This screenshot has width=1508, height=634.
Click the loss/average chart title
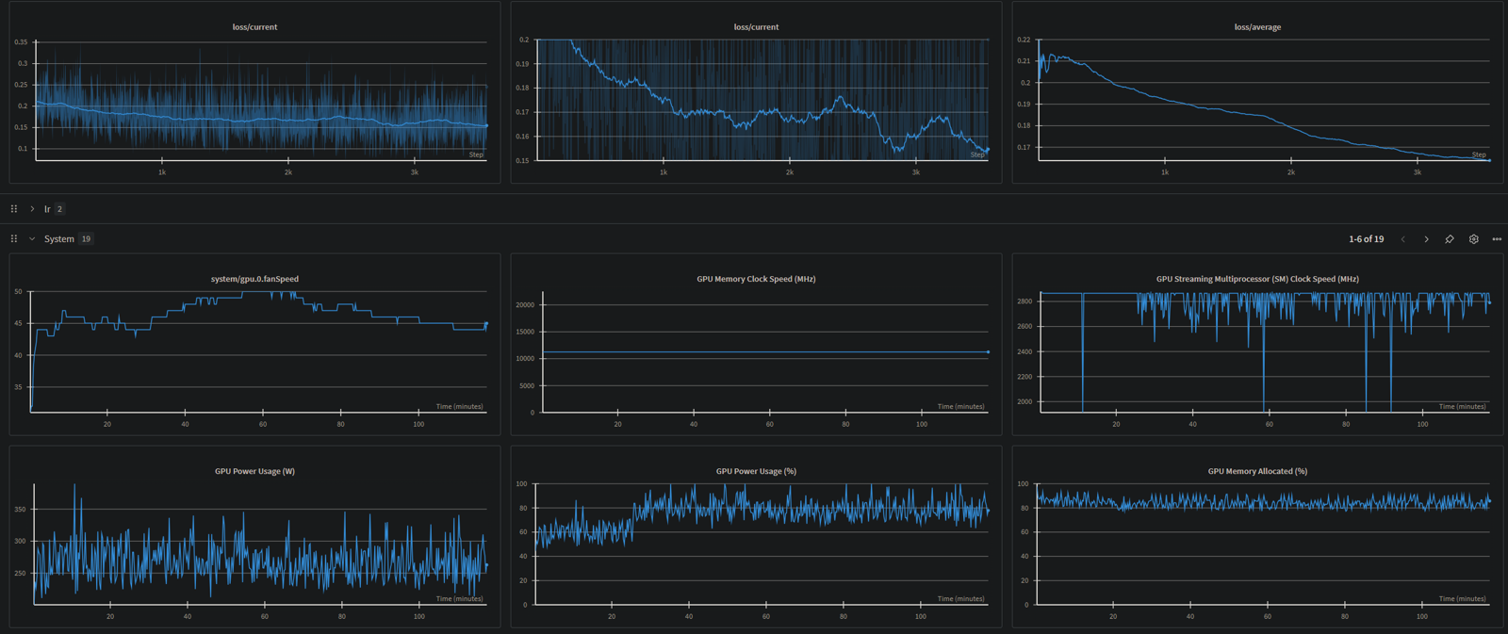click(1257, 27)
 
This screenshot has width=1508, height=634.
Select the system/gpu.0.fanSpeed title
click(254, 279)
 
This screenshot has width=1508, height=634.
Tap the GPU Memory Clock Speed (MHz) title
click(756, 279)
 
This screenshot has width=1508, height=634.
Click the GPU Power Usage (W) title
click(254, 471)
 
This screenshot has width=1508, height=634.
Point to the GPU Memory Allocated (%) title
click(1257, 471)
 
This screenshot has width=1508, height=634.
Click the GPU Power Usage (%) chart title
click(756, 471)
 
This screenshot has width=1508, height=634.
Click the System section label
click(58, 239)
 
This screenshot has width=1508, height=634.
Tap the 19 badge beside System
click(86, 239)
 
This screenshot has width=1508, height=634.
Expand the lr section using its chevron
click(32, 209)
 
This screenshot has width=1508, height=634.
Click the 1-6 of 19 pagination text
click(1366, 239)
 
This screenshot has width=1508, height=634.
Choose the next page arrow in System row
click(1426, 239)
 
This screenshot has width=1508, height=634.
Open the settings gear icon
click(1474, 239)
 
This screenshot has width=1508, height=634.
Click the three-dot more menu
click(1497, 239)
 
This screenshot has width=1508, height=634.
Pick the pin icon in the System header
click(1450, 239)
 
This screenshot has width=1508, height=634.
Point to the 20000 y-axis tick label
click(524, 305)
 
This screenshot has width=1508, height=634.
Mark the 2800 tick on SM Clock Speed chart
click(1024, 301)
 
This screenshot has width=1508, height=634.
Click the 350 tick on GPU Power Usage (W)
click(20, 510)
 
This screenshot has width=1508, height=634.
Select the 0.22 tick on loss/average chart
click(1024, 40)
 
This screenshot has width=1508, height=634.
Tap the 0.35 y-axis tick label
click(21, 42)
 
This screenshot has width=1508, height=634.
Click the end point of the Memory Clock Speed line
click(988, 352)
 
